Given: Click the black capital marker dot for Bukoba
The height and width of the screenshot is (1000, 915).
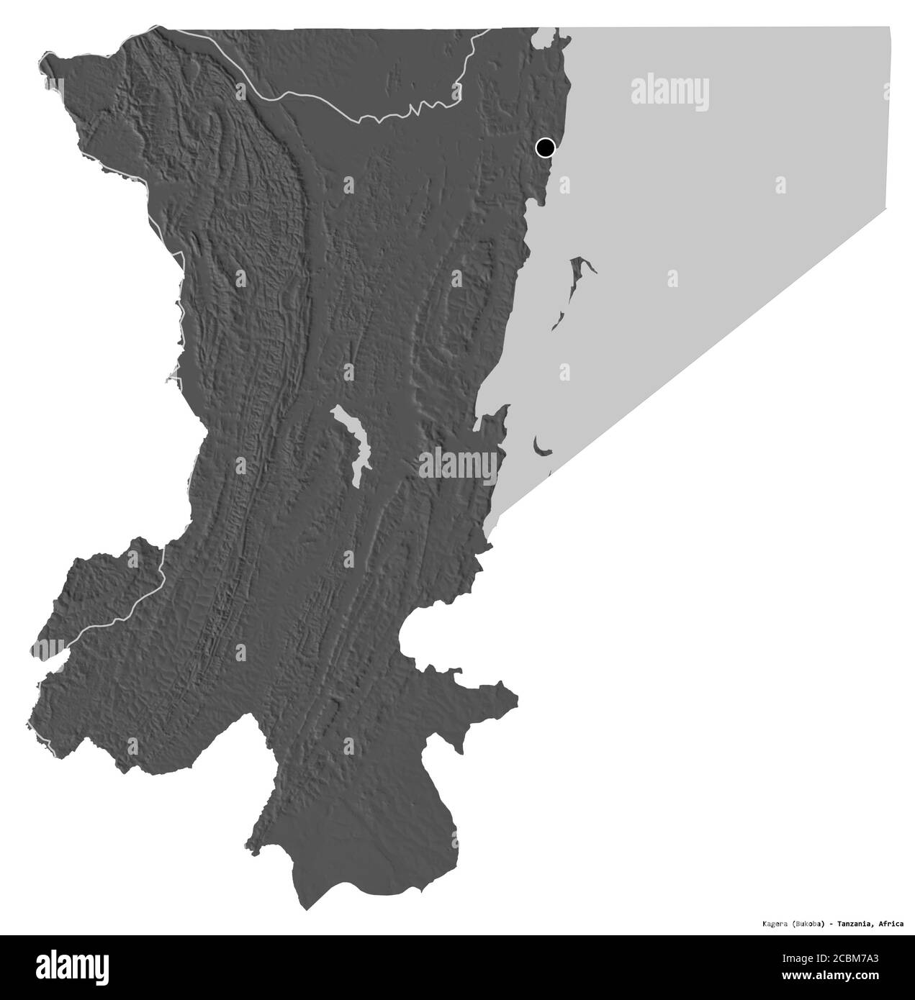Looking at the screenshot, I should pos(545,148).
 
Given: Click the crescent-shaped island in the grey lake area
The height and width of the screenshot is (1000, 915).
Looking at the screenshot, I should pos(541,448).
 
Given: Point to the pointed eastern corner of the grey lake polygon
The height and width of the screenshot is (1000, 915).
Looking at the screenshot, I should pos(888,209).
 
